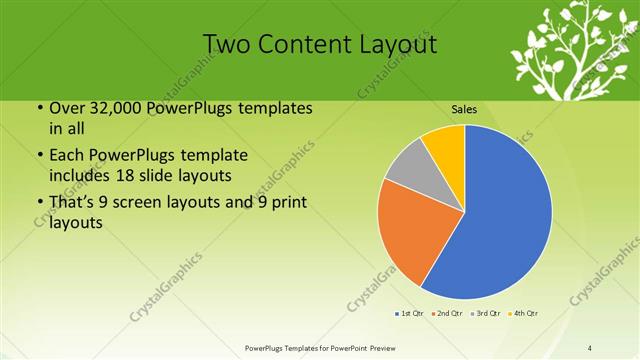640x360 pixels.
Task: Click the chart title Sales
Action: coord(464,109)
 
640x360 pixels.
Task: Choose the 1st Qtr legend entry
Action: coord(408,313)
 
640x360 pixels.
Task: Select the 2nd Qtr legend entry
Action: coord(446,313)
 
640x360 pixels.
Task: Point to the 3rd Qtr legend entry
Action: coord(485,313)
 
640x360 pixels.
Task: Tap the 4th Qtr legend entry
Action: coord(524,313)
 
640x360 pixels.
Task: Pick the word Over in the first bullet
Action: coord(68,109)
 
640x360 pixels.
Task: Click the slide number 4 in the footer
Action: coord(590,348)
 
